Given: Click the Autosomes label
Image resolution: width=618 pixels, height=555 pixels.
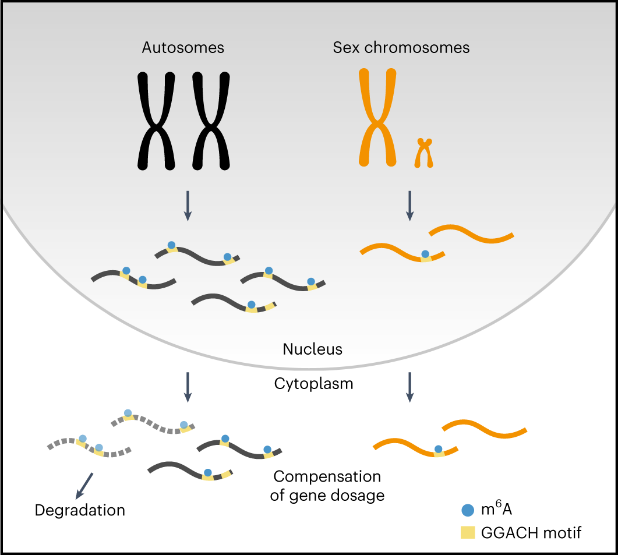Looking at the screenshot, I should coord(183,48).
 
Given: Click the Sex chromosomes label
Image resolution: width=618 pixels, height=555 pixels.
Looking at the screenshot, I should coord(401,48).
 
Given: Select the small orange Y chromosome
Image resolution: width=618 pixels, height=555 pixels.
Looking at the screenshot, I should coord(425,153).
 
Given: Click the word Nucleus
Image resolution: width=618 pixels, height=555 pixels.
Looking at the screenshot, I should coord(312,349).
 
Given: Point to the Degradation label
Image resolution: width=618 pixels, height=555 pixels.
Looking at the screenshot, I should coord(80,511).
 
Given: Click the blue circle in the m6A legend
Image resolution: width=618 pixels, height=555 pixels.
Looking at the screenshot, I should coord(467,510).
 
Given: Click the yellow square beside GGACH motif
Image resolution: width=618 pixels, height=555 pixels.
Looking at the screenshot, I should coord(467,532).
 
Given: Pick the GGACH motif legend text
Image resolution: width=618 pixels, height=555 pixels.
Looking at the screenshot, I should coord(531,532).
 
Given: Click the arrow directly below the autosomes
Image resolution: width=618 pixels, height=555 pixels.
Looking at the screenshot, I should coord(187,206).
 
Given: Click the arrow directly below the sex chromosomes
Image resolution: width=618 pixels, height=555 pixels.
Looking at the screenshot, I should coord(409,206).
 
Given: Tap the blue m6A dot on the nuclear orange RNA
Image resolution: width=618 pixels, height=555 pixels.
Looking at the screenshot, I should coord(425,254).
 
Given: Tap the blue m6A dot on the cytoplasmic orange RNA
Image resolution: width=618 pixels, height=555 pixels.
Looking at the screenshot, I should coord(438,449).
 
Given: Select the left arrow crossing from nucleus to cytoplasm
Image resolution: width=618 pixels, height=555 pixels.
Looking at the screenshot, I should coord(187,387).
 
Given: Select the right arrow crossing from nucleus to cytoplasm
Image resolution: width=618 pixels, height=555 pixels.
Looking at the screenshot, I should coord(409,387).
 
